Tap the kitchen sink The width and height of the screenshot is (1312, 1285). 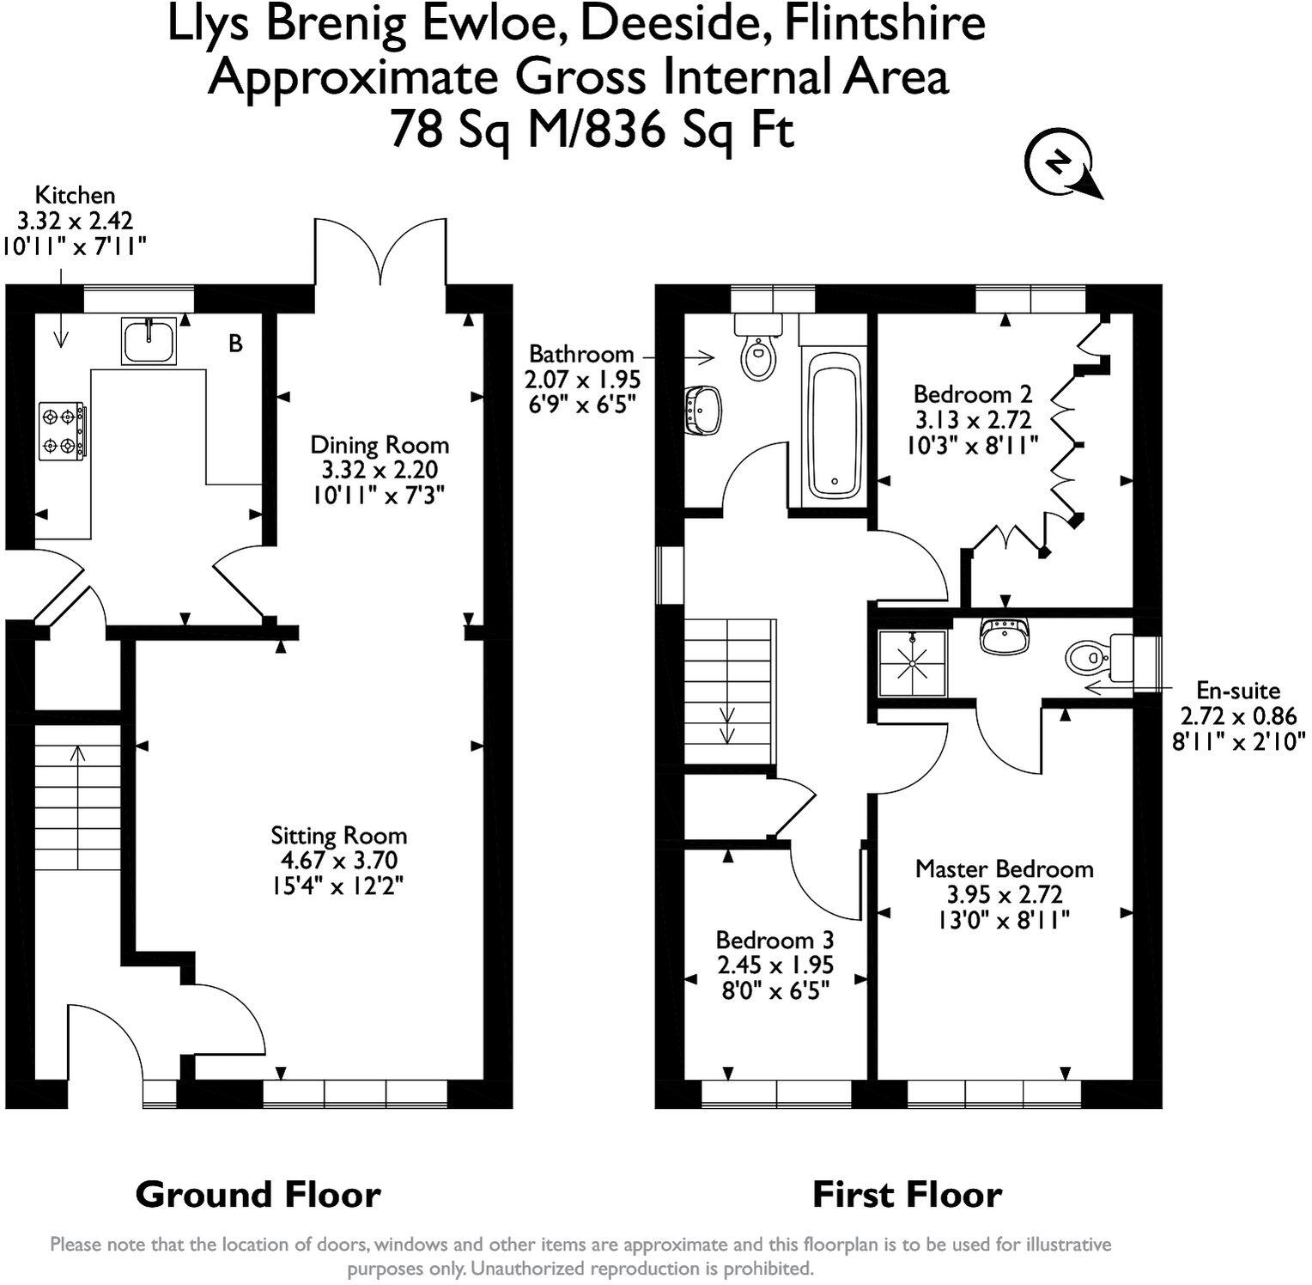coord(149,341)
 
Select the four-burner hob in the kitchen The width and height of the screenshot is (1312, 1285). coord(63,430)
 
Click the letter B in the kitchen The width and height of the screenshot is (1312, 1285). coord(235,344)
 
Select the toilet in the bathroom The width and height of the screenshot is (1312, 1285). coord(758,347)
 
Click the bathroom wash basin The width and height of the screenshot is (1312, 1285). coord(704,410)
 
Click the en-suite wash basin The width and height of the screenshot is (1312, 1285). coord(1003,636)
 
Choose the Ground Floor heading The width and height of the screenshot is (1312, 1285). coord(258,1195)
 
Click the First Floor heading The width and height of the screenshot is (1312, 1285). coord(907,1195)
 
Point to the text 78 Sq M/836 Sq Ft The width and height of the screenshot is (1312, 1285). coord(592,131)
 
